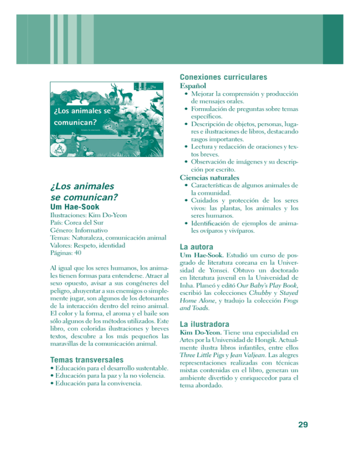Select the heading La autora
197,246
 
